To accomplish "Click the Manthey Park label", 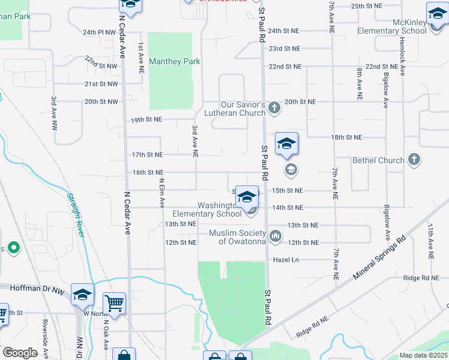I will point(174,62).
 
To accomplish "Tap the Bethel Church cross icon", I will point(414,160).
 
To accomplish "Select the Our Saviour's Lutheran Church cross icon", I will point(274,108).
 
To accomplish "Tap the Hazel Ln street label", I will point(285,260).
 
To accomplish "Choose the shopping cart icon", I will point(114,302).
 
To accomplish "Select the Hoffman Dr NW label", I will point(35,289).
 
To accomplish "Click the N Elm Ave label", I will point(161,192).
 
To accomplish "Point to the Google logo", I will point(20,353).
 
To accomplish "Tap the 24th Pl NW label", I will point(99,31).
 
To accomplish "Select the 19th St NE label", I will point(147,120).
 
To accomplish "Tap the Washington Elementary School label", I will point(207,209).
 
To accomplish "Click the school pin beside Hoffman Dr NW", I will point(82,295).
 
